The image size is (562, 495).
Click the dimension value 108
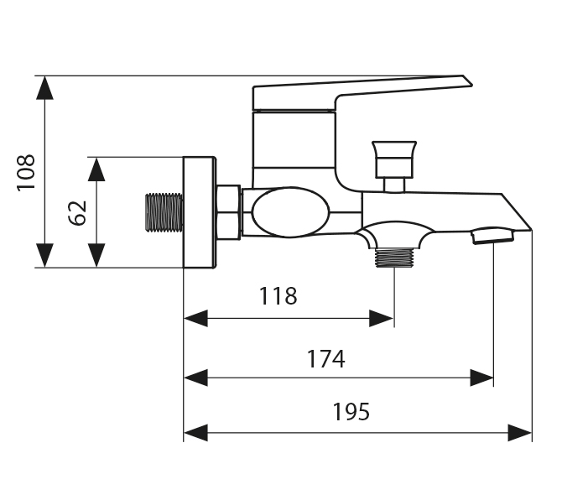26,172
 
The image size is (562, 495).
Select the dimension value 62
77,212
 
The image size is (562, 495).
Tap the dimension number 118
278,296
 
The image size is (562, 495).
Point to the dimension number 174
325,359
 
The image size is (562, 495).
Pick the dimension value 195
351,412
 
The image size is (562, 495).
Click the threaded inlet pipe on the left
164,212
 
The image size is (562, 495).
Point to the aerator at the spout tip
492,236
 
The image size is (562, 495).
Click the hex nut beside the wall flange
228,212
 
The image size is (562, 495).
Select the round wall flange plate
200,212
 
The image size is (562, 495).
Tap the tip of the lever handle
466,81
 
